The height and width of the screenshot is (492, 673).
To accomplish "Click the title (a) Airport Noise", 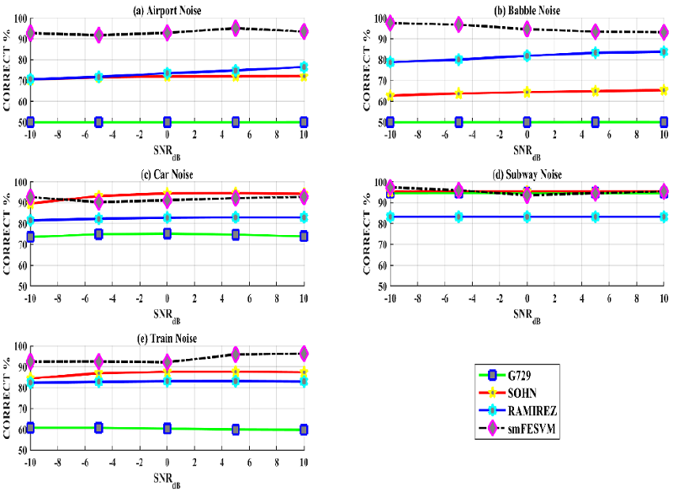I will pos(167,11).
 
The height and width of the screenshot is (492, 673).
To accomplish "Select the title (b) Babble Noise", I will pos(527,11).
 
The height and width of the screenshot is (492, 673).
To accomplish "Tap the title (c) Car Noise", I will pos(167,174).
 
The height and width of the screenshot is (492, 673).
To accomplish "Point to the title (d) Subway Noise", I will pos(527,174).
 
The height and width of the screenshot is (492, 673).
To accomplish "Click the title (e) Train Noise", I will pos(167,338).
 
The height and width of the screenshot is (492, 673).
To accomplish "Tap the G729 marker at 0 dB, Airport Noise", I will pos(167,122).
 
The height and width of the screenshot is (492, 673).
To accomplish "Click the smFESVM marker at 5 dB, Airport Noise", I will pos(236,29).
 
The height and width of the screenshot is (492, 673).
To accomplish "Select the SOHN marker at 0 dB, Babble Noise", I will pos(527,92).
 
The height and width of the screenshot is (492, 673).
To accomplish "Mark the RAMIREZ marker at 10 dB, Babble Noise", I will pos(664,51).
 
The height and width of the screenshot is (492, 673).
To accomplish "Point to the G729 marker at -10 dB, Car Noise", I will pos(31,237).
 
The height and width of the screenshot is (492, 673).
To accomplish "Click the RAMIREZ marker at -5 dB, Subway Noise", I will pos(458,217).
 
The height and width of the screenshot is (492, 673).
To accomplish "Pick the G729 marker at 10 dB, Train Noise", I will pos(304,430).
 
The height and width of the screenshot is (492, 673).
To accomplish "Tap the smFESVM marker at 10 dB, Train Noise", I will pos(304,353).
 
